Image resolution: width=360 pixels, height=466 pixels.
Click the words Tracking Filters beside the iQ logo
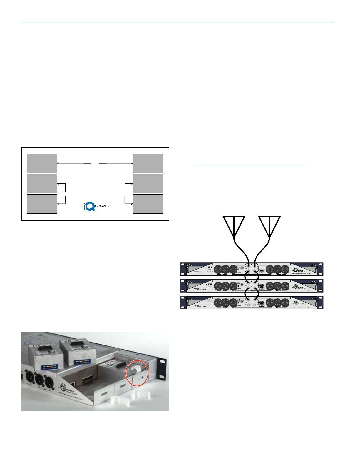pyautogui.click(x=102, y=206)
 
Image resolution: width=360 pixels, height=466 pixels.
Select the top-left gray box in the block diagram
pyautogui.click(x=42, y=163)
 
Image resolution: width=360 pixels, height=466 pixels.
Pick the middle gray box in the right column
pyautogui.click(x=148, y=183)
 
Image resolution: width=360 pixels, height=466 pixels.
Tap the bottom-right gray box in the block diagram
pyautogui.click(x=148, y=204)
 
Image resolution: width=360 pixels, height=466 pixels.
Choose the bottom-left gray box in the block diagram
pyautogui.click(x=42, y=204)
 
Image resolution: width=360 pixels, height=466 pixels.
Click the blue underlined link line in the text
pyautogui.click(x=252, y=165)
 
